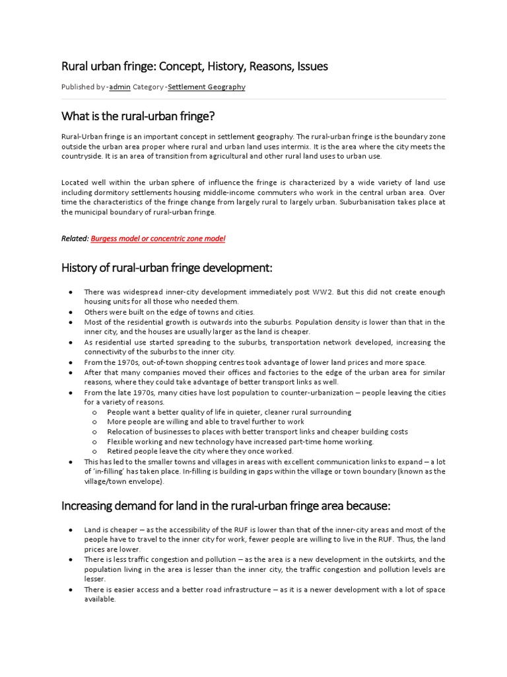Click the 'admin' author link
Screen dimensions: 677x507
pos(119,87)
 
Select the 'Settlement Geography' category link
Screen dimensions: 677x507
pos(206,87)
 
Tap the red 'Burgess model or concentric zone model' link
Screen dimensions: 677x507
pos(158,238)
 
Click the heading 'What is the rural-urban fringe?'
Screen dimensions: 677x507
pos(139,116)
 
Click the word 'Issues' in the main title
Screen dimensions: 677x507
pos(312,66)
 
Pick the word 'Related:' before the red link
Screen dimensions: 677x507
pos(75,238)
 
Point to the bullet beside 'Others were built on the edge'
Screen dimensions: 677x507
pos(71,312)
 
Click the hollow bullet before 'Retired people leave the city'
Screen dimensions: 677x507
pos(95,452)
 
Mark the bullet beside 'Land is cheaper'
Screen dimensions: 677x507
pos(71,530)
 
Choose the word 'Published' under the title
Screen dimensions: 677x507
pos(78,87)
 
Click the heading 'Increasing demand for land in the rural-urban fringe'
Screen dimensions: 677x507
pos(226,506)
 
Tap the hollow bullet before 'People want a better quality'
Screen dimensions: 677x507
pos(95,412)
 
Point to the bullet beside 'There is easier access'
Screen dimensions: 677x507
pos(71,590)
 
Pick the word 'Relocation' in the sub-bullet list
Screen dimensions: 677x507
pos(125,432)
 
